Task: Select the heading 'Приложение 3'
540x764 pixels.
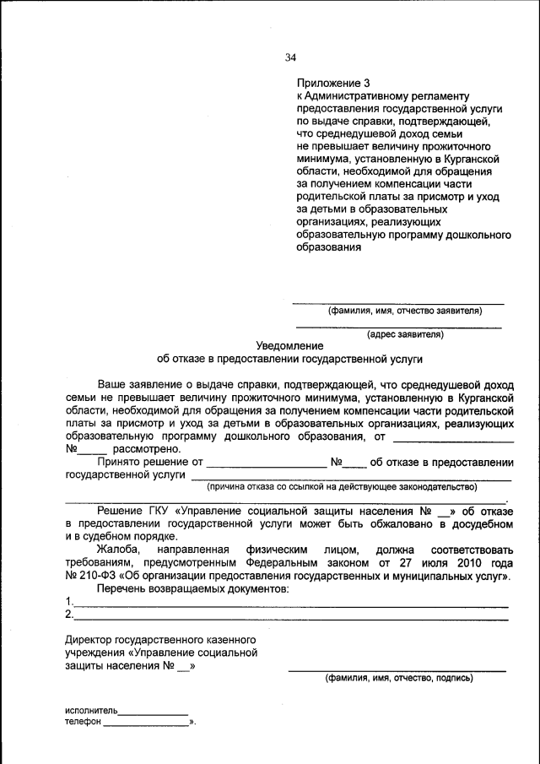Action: (x=333, y=83)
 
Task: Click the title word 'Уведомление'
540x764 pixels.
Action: (x=289, y=345)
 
